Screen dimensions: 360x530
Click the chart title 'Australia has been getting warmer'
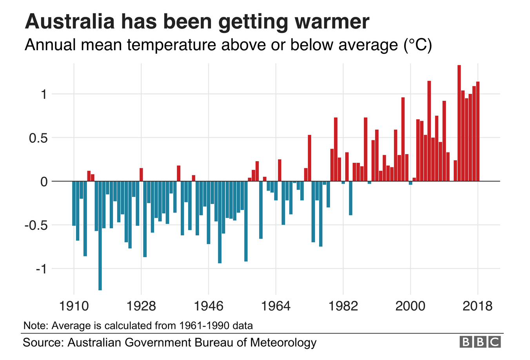coord(197,22)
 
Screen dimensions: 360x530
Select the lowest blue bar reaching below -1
coord(100,235)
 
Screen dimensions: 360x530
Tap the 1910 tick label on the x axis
coord(74,305)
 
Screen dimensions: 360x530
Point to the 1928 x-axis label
coord(141,305)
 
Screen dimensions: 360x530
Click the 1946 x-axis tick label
coord(209,305)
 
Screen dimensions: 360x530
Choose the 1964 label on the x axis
coord(276,305)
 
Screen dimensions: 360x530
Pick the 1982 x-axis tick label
coord(343,305)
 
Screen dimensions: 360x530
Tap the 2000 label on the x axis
coord(410,305)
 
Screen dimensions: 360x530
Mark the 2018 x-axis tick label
coord(477,305)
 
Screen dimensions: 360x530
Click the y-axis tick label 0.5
coord(38,138)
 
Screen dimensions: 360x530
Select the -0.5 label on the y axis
coord(35,225)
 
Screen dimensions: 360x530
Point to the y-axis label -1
coord(42,269)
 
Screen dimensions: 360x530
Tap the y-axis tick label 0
coord(44,182)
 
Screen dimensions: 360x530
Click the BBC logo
coord(480,342)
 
